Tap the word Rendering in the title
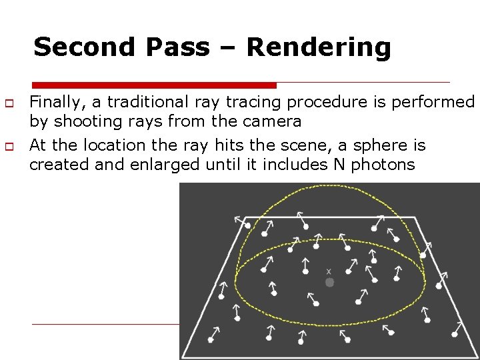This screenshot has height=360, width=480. [x=318, y=47]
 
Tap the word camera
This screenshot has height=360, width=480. [x=275, y=121]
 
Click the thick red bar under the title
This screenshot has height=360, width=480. [x=154, y=85]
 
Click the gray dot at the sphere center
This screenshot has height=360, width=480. [x=329, y=283]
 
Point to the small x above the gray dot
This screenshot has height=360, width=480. [x=329, y=271]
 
